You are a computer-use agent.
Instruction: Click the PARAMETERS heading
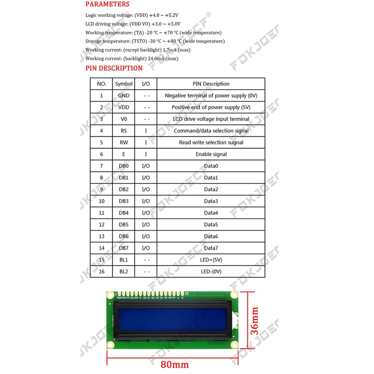point(107,4)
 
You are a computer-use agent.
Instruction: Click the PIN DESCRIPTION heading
point(114,68)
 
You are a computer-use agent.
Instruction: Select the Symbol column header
point(124,84)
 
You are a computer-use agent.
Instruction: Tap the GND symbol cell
point(124,95)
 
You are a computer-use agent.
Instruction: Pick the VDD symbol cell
point(124,107)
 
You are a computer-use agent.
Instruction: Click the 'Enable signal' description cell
point(211,154)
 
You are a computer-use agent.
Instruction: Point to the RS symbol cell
point(124,131)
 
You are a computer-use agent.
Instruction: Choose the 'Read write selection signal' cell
point(211,143)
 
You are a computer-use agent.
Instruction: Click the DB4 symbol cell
point(124,213)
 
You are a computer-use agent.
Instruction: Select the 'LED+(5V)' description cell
point(211,259)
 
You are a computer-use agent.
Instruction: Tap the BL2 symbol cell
point(124,271)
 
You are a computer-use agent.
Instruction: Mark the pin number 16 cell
point(101,271)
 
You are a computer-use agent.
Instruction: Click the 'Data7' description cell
point(211,248)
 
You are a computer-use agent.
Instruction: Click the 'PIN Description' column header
point(211,84)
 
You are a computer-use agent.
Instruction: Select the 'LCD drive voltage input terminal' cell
point(211,119)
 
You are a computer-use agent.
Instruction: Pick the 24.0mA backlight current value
point(155,58)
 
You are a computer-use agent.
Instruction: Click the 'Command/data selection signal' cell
point(211,131)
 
